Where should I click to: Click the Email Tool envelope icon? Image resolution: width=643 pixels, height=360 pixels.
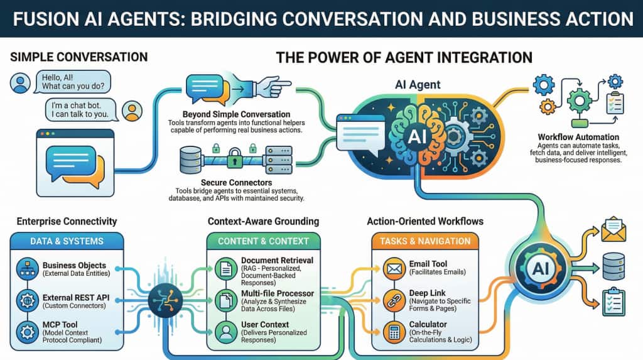tap(393, 269)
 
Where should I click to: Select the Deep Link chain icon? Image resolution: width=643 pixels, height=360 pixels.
tap(393, 299)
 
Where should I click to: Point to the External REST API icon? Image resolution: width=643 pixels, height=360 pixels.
tap(27, 299)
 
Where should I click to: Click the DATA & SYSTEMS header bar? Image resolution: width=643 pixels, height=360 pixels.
tap(67, 241)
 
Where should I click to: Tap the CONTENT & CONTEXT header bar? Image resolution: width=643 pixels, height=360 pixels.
tap(263, 241)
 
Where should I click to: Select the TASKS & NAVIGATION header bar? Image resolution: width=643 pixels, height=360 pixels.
tap(425, 241)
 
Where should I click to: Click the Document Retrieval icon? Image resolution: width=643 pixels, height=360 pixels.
tap(225, 270)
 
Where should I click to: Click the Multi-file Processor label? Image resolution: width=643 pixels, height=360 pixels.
tap(277, 293)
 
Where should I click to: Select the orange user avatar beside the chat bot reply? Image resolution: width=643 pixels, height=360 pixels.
tap(131, 111)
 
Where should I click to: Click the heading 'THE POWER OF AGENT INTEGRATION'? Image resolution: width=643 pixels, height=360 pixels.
tap(404, 58)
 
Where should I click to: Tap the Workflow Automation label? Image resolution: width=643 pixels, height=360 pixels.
tap(578, 137)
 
